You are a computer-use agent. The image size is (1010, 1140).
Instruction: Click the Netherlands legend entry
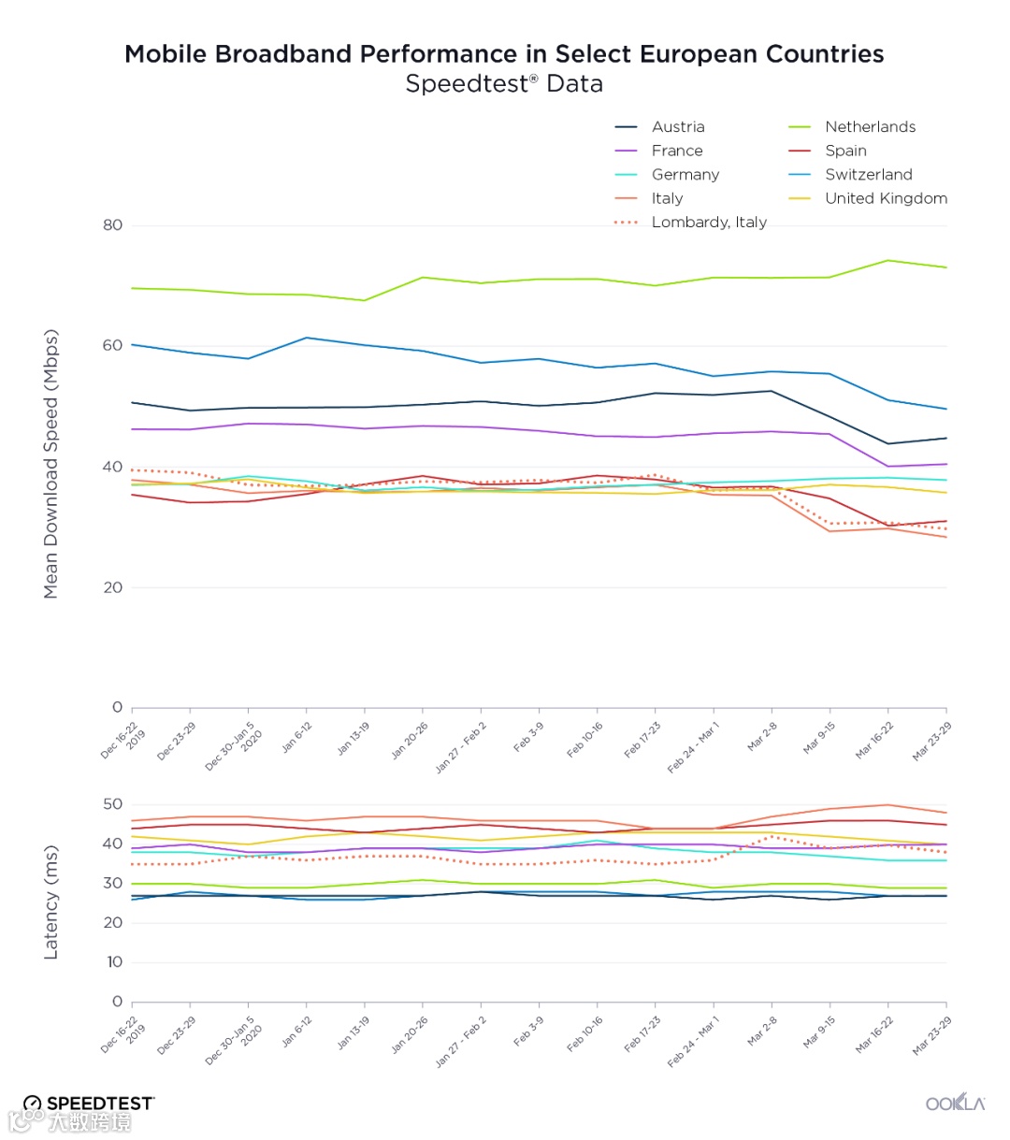click(x=870, y=127)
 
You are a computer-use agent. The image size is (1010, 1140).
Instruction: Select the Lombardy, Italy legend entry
click(x=708, y=223)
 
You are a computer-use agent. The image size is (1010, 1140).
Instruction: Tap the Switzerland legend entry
click(x=868, y=175)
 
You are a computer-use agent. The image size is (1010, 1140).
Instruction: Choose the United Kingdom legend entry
click(x=886, y=198)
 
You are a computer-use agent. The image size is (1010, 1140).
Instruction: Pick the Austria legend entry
click(x=678, y=127)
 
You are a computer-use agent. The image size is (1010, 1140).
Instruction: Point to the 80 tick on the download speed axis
click(x=112, y=225)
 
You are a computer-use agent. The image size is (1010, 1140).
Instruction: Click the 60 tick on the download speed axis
click(x=112, y=346)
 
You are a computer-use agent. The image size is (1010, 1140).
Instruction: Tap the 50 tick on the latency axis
click(x=112, y=804)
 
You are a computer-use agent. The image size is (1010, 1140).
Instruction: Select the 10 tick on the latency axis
click(x=114, y=962)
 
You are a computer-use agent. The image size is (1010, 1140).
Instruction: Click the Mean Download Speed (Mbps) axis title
click(x=51, y=464)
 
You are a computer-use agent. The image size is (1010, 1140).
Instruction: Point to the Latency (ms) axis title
click(x=51, y=902)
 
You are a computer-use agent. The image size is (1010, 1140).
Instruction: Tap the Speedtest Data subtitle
click(x=504, y=84)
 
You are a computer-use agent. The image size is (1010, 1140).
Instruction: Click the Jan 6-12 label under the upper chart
click(x=296, y=738)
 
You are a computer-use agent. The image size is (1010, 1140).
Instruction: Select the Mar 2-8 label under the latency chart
click(x=762, y=1032)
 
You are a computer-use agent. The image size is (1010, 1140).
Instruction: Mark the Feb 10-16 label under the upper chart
click(x=584, y=740)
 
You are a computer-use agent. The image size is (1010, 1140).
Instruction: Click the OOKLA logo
click(x=955, y=1104)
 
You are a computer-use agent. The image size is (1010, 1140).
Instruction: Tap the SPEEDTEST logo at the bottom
click(x=90, y=1104)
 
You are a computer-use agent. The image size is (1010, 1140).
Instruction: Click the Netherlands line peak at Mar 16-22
click(x=887, y=261)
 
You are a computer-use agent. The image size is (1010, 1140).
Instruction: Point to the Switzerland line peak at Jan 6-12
click(x=307, y=338)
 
